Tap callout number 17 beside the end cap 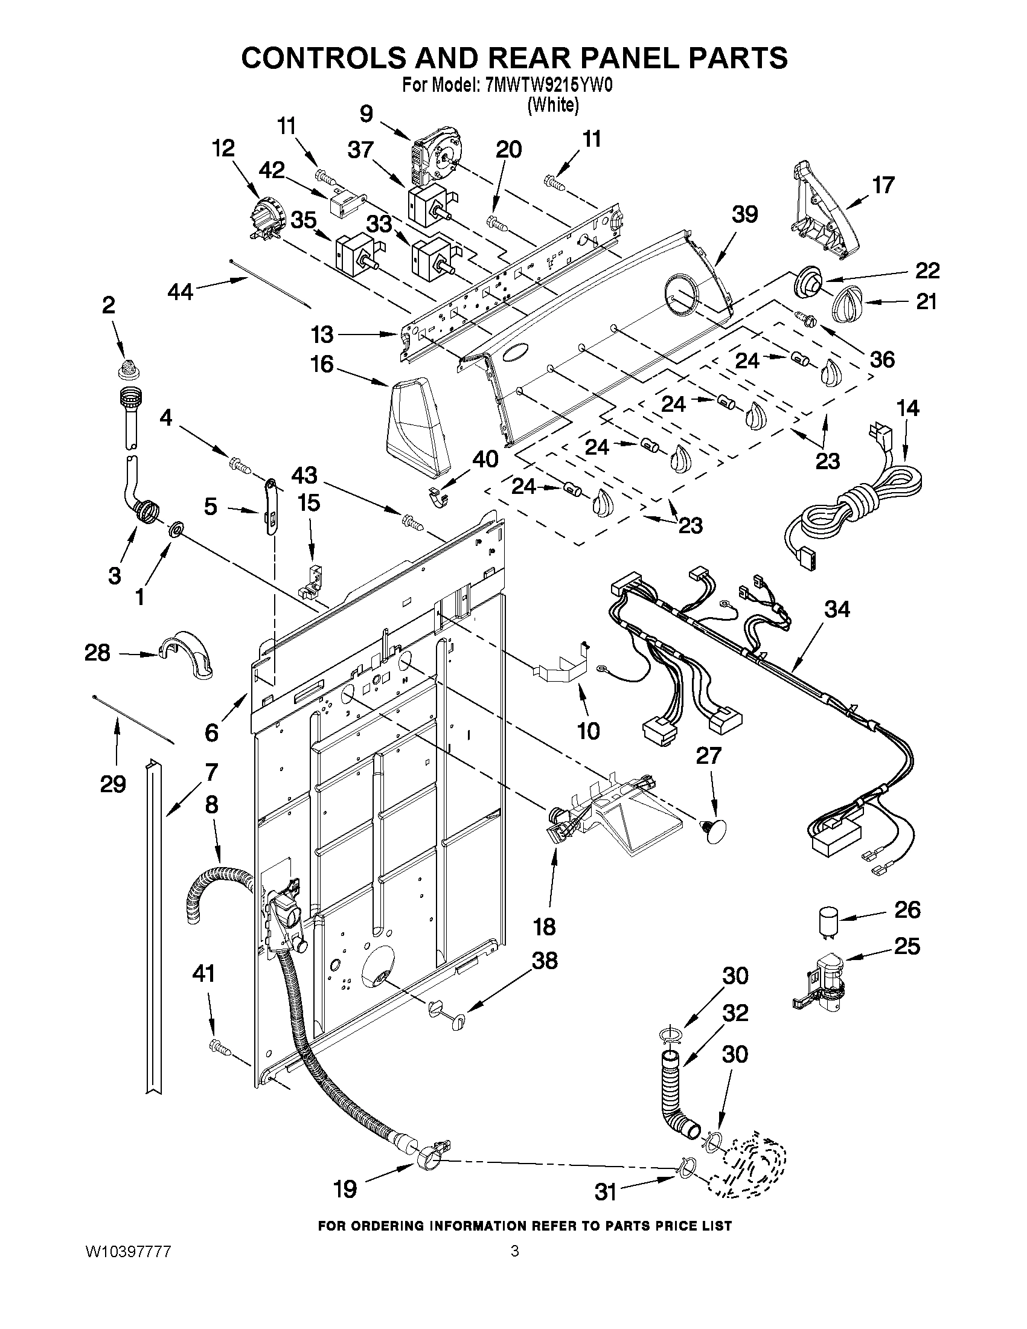click(883, 184)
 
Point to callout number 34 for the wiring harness click(837, 609)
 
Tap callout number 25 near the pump click(906, 946)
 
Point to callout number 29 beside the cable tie click(114, 784)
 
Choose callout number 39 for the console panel click(744, 214)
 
